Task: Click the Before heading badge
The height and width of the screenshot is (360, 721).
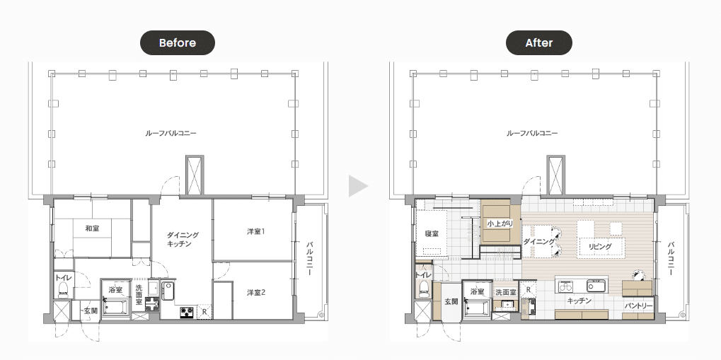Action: [178, 42]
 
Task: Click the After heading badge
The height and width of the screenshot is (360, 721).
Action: [539, 42]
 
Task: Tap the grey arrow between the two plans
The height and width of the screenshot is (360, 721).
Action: [359, 186]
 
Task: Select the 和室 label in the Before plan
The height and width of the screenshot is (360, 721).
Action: [92, 228]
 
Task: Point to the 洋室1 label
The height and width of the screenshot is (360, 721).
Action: [255, 232]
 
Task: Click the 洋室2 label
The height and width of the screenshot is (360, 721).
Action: [255, 292]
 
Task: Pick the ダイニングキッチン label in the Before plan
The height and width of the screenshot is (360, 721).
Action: [183, 240]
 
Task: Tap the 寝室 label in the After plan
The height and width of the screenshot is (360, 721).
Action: [432, 233]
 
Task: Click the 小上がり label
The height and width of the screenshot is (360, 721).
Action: [500, 224]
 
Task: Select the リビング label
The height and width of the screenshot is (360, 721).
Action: [600, 246]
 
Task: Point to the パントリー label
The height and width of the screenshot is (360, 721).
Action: [639, 306]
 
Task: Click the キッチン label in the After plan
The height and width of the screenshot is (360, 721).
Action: [579, 301]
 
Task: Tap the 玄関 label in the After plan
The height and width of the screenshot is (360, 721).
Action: [451, 301]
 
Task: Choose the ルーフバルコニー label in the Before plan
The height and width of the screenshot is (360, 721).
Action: [171, 134]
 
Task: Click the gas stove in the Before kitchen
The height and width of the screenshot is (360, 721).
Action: [187, 312]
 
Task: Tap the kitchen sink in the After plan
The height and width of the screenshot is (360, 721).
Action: [593, 286]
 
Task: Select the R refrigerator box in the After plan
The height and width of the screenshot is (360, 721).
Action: [529, 290]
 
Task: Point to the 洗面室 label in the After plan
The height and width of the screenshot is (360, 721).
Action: [505, 292]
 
